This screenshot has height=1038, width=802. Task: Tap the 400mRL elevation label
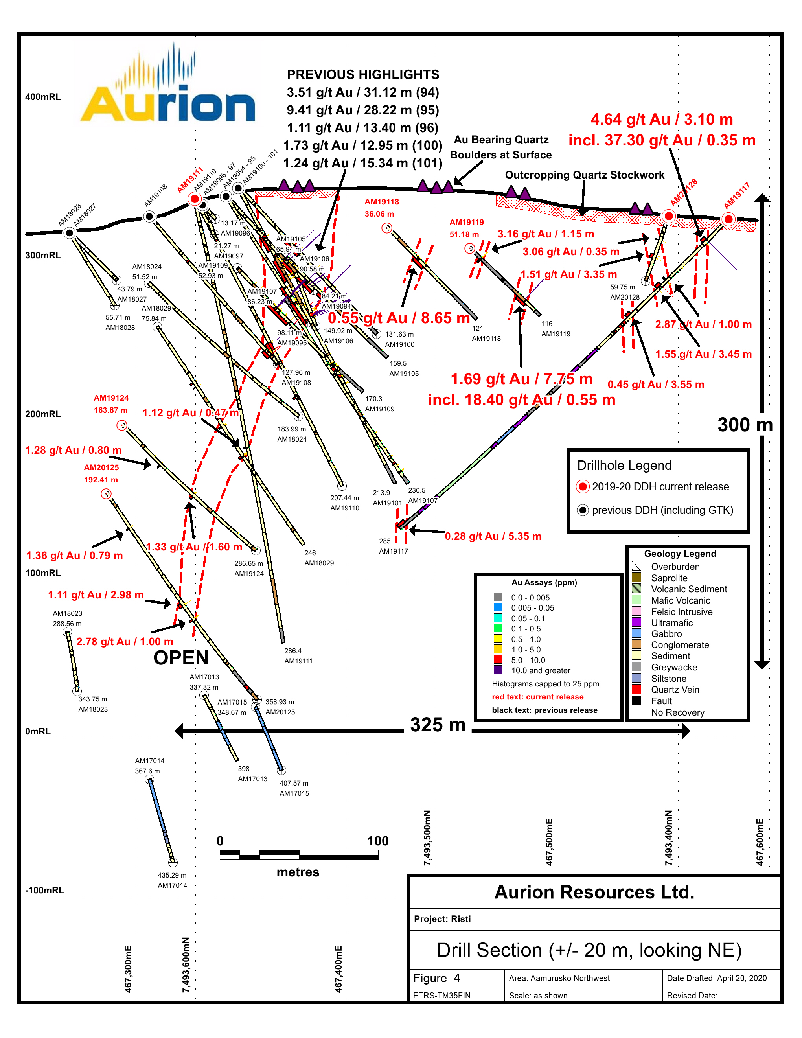coord(43,97)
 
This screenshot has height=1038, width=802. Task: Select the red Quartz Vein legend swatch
coord(636,689)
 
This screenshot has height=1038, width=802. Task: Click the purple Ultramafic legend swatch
coord(636,622)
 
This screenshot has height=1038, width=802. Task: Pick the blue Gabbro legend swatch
coord(636,633)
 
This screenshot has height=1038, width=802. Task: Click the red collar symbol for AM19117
coord(728,219)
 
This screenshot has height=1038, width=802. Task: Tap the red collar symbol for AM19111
coord(194,199)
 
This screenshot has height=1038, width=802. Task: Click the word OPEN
coord(181,658)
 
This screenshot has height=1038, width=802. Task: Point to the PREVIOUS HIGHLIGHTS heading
coord(363,75)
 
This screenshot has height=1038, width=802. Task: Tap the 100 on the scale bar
coord(378,841)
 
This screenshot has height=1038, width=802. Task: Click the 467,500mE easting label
coord(549,842)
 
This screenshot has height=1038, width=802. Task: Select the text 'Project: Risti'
coord(442,919)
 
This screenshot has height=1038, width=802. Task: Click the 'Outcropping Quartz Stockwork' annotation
coord(584,175)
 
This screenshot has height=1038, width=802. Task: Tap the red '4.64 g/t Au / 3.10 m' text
coord(661,119)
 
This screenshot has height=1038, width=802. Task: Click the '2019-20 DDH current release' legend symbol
coord(583,487)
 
